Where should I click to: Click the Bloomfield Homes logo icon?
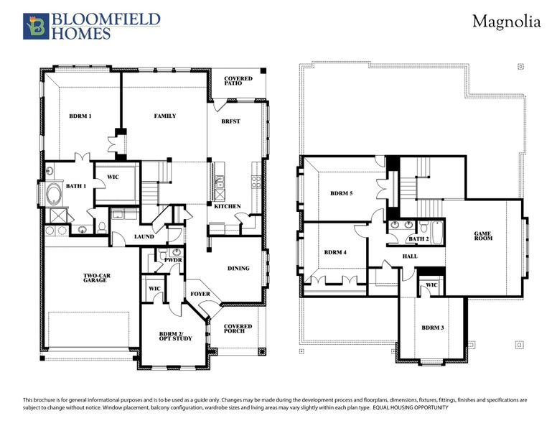click(35, 26)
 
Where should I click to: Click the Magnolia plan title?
click(505, 22)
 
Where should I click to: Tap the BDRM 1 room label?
click(80, 116)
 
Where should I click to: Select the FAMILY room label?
click(165, 116)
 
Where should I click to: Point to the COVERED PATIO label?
click(237, 80)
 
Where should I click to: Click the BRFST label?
click(230, 121)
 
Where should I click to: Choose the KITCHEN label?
click(228, 207)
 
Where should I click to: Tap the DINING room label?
click(238, 269)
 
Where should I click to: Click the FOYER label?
click(200, 294)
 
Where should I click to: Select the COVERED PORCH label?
click(238, 328)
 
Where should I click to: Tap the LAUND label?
click(144, 236)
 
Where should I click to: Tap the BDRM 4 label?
click(335, 252)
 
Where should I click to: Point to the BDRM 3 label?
click(433, 328)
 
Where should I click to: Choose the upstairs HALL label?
click(410, 256)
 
